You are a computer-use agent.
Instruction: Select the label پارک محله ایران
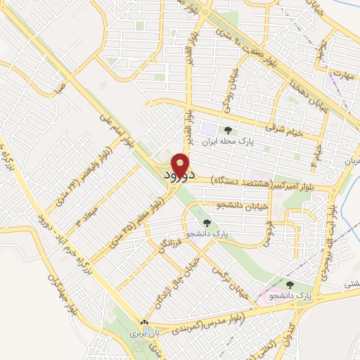point(227,141)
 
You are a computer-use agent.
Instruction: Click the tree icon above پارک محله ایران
point(227,129)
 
